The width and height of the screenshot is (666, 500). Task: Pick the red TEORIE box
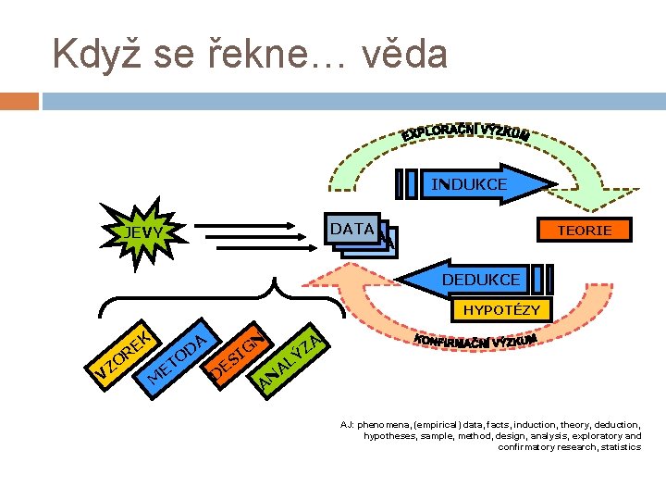[x=584, y=230]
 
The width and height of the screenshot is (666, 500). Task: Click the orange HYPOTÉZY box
[x=501, y=310]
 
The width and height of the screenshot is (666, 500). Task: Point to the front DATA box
[x=351, y=229]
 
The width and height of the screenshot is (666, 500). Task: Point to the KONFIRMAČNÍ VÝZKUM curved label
[x=475, y=343]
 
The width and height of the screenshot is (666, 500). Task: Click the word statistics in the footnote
[x=617, y=447]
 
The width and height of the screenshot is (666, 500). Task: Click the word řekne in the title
[x=273, y=54]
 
